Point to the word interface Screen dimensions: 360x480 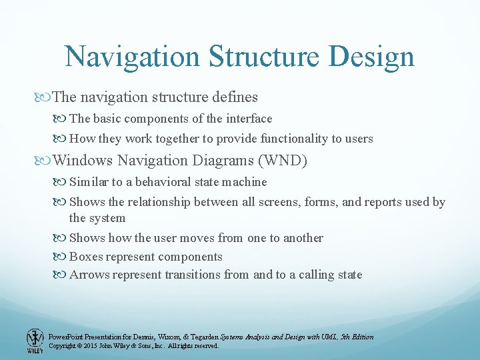click(250, 119)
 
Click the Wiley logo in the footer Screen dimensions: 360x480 click(34, 340)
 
